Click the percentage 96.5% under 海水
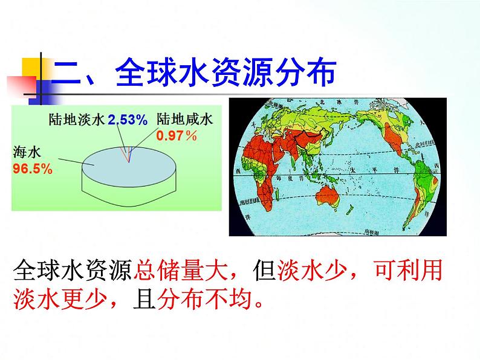coord(32,169)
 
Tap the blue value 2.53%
coord(128,120)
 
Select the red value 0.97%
coord(177,136)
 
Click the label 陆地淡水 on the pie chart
coord(77,120)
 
